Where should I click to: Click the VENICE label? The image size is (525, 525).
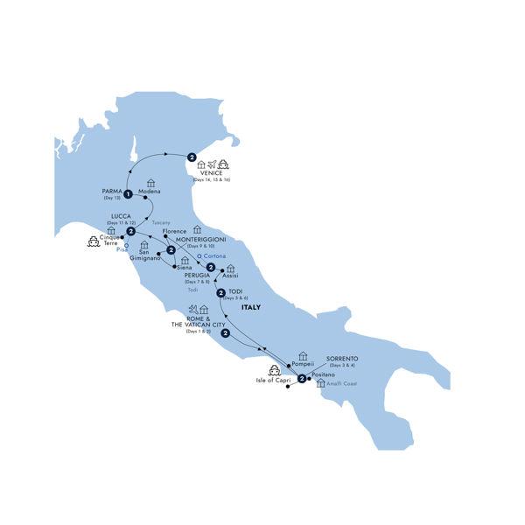(211, 173)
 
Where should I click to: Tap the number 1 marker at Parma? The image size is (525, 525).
(128, 194)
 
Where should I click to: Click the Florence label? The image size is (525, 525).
(176, 230)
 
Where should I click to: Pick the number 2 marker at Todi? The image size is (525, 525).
(221, 294)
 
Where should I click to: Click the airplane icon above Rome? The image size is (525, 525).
(192, 310)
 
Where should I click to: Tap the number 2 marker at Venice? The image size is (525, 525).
(190, 157)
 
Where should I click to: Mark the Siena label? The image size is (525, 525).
(184, 267)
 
